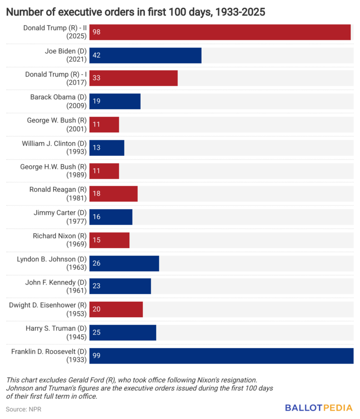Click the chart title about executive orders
click(x=135, y=12)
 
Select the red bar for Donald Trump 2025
click(x=220, y=32)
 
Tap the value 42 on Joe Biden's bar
click(x=97, y=55)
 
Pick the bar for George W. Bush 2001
click(x=104, y=124)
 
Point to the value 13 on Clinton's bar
click(x=97, y=148)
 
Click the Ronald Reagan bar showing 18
click(x=113, y=193)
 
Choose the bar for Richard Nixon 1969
click(x=109, y=240)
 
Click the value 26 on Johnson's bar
click(x=97, y=263)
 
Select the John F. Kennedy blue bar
click(x=120, y=286)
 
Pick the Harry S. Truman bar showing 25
click(x=123, y=332)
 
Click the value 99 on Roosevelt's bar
click(x=97, y=356)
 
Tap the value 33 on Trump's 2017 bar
click(x=97, y=78)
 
